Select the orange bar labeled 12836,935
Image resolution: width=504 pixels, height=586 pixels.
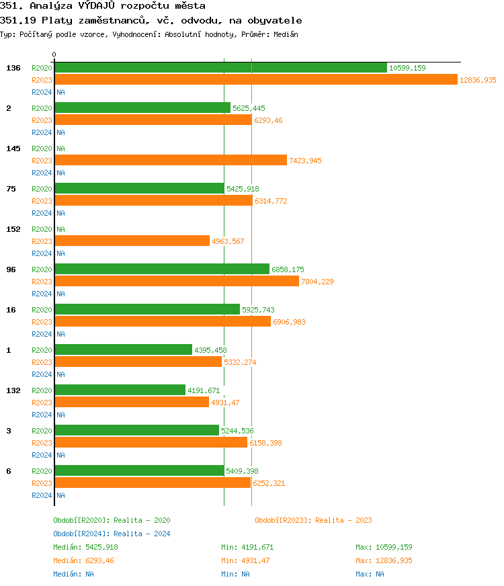click(x=255, y=80)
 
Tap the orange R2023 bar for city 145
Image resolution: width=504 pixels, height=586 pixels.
click(x=171, y=161)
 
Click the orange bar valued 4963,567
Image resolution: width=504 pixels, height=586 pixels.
click(x=132, y=241)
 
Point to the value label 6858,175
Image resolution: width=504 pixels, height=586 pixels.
click(x=288, y=269)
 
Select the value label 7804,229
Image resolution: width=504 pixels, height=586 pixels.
click(x=317, y=282)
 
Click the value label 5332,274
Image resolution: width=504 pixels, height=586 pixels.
click(x=240, y=362)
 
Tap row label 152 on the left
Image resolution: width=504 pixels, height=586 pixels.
click(x=13, y=229)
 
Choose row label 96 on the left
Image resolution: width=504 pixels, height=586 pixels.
click(x=11, y=269)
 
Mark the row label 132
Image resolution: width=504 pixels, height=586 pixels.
click(x=13, y=390)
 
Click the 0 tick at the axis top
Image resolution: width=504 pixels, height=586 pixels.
click(x=54, y=55)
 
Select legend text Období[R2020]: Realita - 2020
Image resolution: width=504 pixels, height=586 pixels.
click(x=112, y=520)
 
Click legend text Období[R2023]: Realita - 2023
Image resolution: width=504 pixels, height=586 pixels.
click(x=313, y=520)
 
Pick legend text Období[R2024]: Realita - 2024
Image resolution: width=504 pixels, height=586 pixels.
click(x=112, y=534)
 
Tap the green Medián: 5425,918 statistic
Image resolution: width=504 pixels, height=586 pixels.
click(x=85, y=547)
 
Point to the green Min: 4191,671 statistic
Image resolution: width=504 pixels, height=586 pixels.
click(x=247, y=547)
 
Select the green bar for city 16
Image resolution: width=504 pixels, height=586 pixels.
click(x=147, y=310)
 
